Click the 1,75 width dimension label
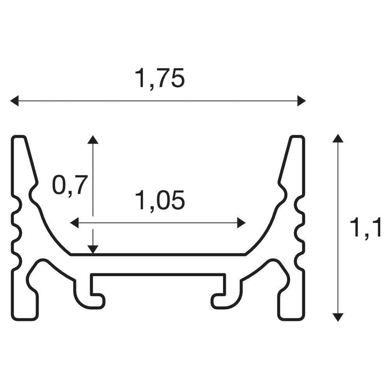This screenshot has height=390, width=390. tap(160, 78)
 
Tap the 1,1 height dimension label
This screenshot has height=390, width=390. tap(365, 227)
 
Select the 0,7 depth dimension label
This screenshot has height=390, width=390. tap(70, 185)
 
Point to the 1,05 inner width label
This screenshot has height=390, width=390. tap(160, 200)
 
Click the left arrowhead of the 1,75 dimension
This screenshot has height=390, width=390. tap(14, 101)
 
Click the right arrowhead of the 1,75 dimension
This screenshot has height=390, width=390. tap(301, 101)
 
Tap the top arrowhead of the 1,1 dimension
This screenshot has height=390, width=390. tap(337, 138)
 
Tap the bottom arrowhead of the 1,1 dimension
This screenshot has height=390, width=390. tap(337, 317)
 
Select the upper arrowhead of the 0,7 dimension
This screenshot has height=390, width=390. tap(93, 140)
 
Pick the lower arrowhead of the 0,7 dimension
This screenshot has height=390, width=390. tap(93, 250)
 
